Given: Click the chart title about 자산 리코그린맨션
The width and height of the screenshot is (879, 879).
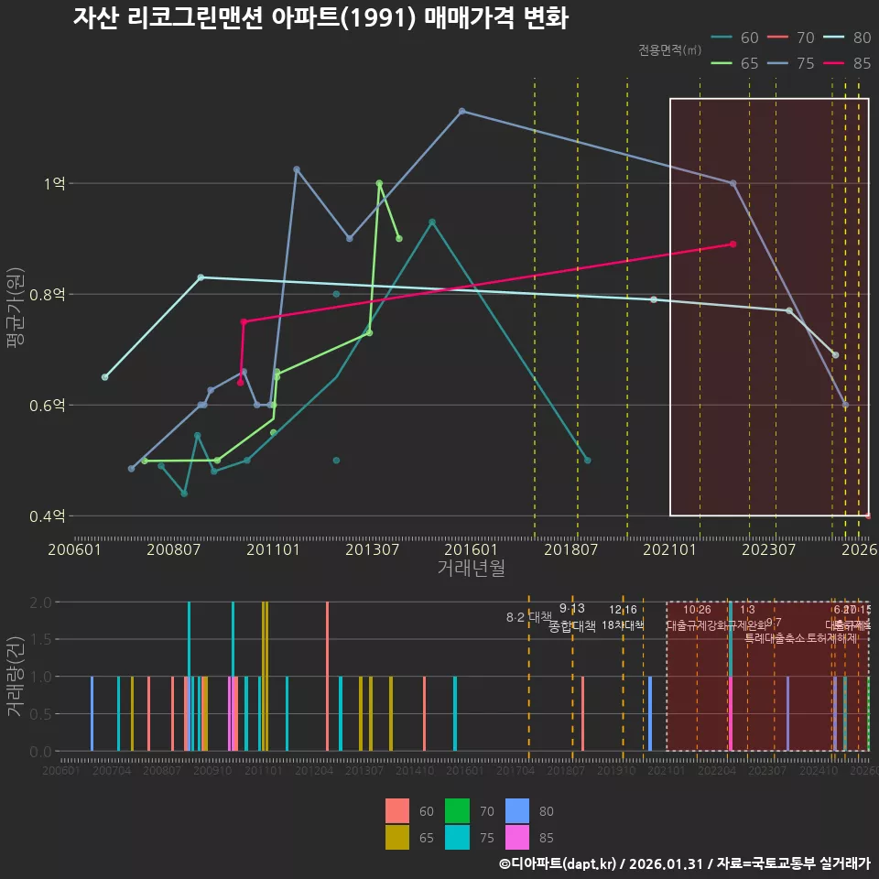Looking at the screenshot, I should pyautogui.click(x=320, y=19).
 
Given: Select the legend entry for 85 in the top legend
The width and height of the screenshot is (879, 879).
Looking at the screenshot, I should pyautogui.click(x=848, y=63).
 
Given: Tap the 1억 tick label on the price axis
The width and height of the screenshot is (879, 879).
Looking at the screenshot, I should pyautogui.click(x=54, y=183).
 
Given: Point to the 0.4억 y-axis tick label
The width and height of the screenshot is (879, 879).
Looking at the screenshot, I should pyautogui.click(x=47, y=516).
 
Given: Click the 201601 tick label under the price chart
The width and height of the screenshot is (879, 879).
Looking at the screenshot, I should pyautogui.click(x=473, y=549).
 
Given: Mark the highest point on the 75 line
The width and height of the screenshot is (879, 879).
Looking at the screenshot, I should pyautogui.click(x=461, y=111).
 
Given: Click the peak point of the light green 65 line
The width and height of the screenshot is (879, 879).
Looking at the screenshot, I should pyautogui.click(x=379, y=183).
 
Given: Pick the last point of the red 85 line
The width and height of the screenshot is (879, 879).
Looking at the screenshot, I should pyautogui.click(x=732, y=244).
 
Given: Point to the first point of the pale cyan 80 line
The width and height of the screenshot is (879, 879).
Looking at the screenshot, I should pyautogui.click(x=105, y=377).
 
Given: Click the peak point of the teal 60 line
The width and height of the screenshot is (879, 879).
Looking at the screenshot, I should pyautogui.click(x=432, y=222).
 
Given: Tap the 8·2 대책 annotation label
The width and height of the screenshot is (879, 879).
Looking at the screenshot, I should pyautogui.click(x=528, y=617).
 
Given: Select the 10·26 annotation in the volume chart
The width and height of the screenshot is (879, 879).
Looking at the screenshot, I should pyautogui.click(x=697, y=610).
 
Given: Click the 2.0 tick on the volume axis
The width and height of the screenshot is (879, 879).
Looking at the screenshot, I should pyautogui.click(x=40, y=602).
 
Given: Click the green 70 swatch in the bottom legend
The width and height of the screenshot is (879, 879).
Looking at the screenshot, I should pyautogui.click(x=457, y=811).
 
